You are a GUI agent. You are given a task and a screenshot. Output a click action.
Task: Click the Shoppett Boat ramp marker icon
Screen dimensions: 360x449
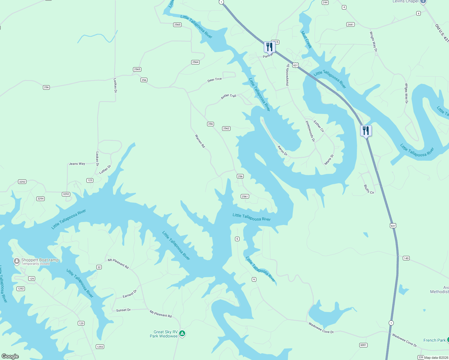[17, 261]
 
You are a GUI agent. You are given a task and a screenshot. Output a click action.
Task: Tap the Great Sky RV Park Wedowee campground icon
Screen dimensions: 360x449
[182, 334]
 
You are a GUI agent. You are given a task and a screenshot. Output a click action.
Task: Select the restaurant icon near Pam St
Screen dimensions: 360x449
[270, 47]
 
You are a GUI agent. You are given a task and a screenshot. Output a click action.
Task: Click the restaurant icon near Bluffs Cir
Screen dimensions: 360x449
[366, 131]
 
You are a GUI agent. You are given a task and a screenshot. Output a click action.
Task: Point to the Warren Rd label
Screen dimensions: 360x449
[200, 141]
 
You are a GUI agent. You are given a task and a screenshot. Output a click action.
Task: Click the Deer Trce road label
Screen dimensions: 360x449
[215, 80]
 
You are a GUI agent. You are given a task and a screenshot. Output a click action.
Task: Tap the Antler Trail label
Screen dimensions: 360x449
[228, 96]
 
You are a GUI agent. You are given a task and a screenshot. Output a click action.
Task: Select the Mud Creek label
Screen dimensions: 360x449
[306, 40]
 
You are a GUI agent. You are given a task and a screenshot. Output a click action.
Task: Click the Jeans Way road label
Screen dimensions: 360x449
[77, 164]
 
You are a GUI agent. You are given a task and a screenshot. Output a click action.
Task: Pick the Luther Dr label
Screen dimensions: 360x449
[105, 169]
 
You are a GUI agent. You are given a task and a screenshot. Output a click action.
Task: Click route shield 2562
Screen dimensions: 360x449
[226, 128]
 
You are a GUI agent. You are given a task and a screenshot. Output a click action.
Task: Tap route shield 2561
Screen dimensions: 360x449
[245, 196]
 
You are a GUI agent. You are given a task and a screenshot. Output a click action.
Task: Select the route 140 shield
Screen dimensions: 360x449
[406, 258]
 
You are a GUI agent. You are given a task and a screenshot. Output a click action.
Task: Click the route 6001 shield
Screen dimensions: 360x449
[363, 345]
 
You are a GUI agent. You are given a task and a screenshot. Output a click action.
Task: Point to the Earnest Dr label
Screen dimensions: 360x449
[130, 294]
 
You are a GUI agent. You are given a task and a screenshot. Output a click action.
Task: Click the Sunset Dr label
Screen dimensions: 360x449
[123, 310]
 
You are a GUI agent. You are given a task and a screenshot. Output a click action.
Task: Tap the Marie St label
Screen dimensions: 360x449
[329, 160]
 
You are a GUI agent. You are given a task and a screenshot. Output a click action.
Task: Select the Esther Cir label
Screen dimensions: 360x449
[319, 126]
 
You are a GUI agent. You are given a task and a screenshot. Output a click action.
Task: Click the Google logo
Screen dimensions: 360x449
[10, 356]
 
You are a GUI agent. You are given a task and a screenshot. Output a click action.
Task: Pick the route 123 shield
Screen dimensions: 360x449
[90, 180]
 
